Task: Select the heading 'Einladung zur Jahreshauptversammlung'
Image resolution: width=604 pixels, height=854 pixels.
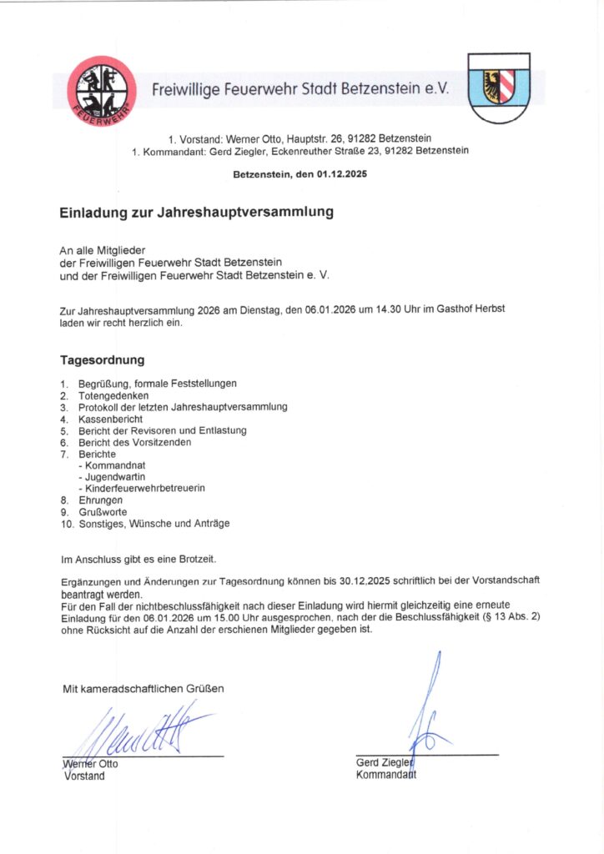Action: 196,212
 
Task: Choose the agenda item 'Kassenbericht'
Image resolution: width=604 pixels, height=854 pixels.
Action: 111,419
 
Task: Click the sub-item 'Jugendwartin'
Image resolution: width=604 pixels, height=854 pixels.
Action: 111,475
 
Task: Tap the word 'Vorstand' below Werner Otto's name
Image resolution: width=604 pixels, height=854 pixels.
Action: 84,776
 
